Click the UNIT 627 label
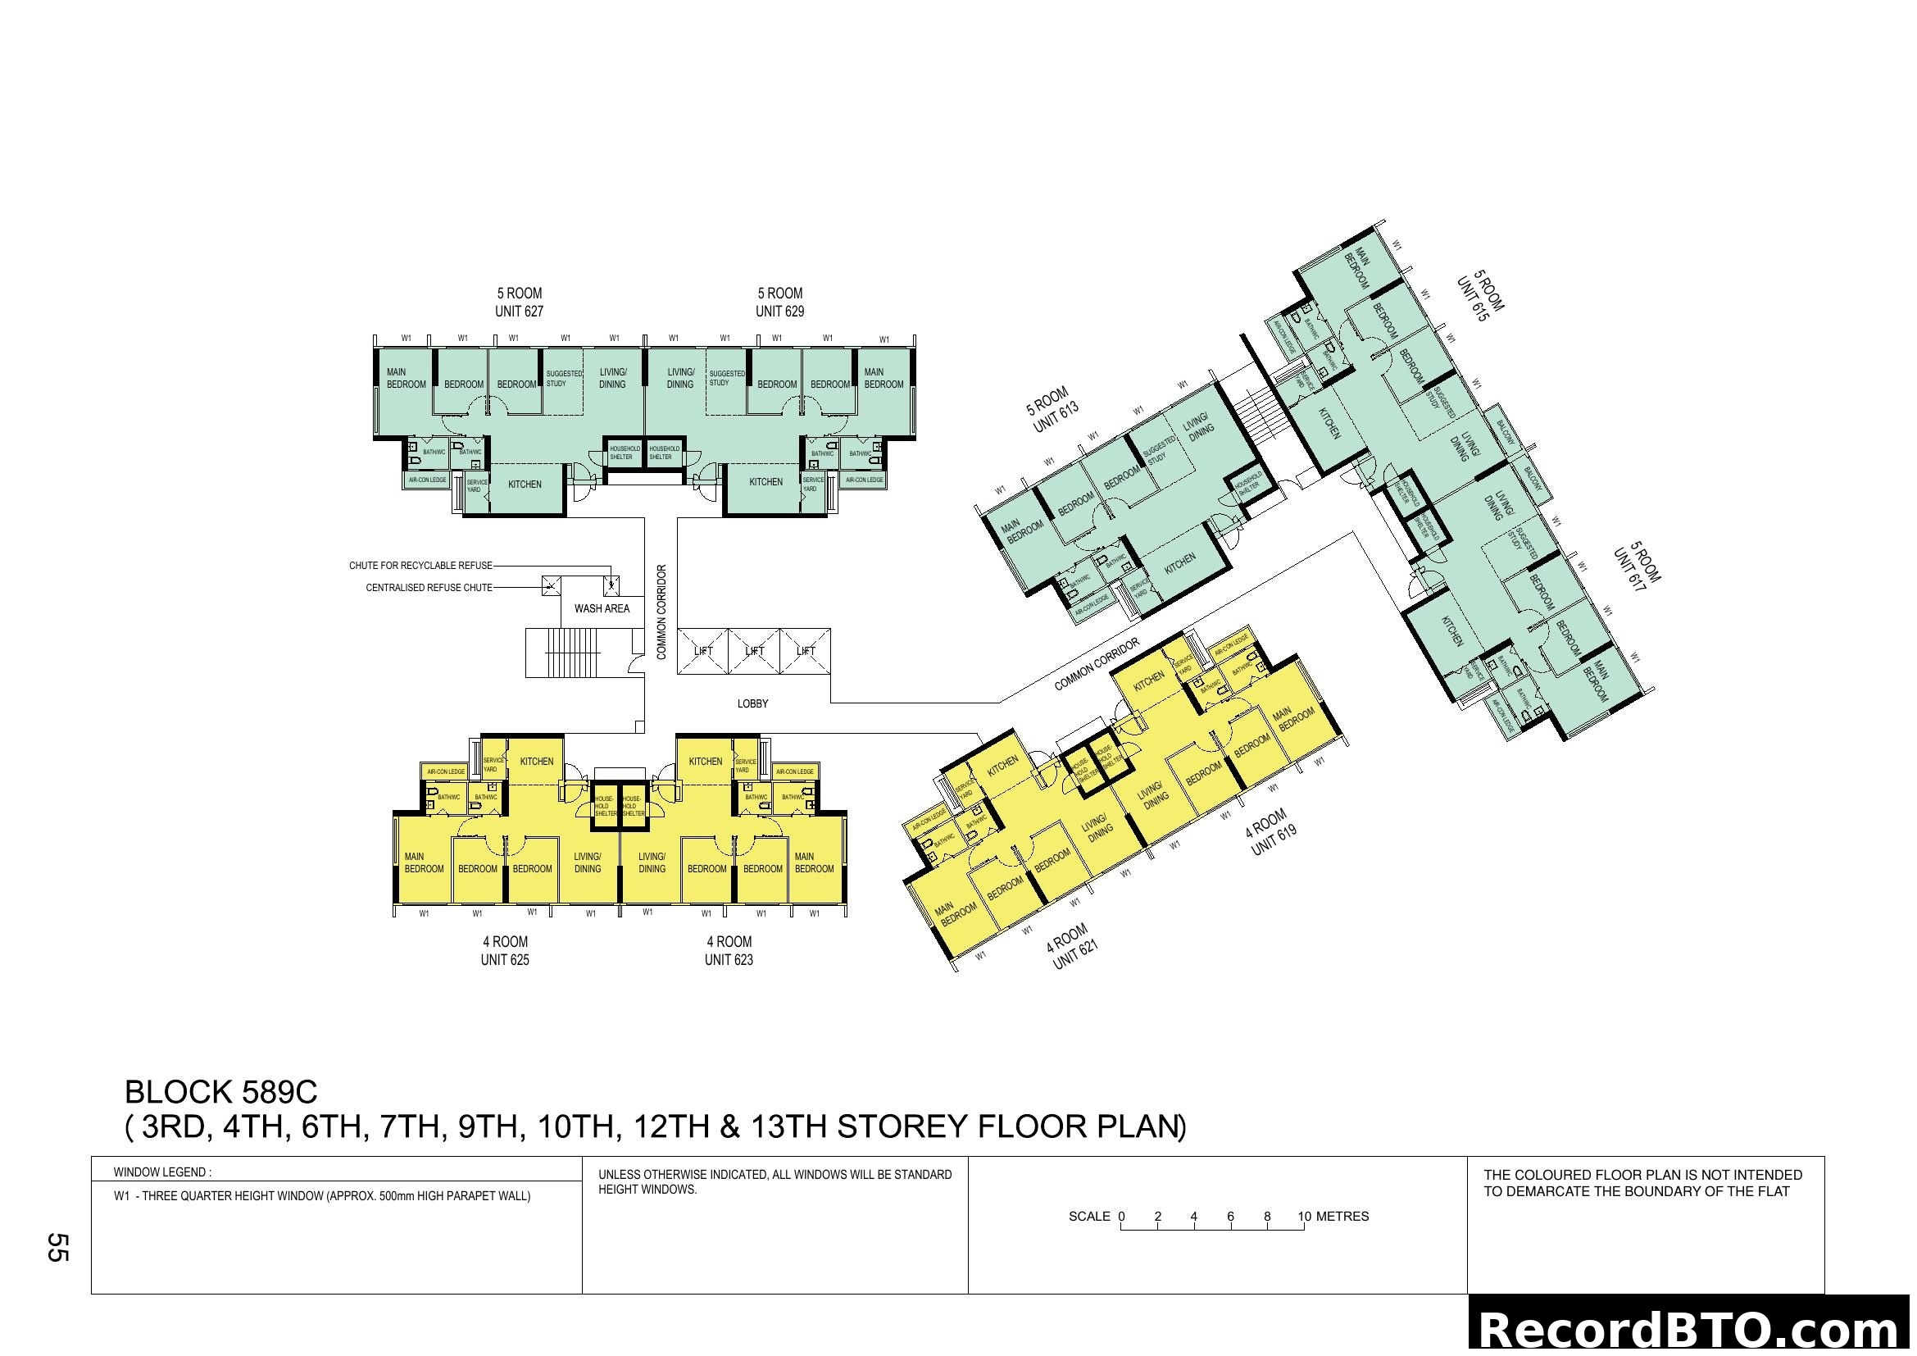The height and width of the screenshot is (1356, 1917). (519, 312)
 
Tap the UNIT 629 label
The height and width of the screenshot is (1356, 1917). (779, 312)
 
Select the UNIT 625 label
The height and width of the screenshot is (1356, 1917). (504, 960)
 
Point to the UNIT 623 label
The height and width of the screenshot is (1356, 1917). (728, 960)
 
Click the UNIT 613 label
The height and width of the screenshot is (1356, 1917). (1056, 416)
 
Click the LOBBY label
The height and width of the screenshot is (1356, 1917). (752, 704)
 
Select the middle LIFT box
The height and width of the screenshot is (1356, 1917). (754, 651)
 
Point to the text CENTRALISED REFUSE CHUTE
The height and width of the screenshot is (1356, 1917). (429, 588)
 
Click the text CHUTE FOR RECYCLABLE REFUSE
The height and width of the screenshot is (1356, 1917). (420, 567)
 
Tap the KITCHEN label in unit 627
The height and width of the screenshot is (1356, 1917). (525, 485)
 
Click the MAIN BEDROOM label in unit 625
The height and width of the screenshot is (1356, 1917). (423, 862)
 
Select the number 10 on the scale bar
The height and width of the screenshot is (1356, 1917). (1304, 1217)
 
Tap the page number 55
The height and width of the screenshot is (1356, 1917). (57, 1247)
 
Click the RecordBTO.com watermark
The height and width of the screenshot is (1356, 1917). (1690, 1330)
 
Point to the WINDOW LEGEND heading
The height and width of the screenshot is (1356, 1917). (162, 1172)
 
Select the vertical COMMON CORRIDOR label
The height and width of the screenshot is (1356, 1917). (661, 612)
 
